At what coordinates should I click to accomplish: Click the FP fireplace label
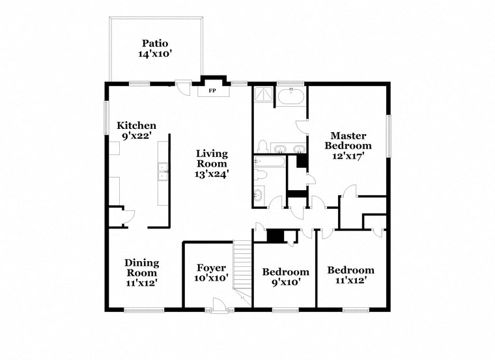click(212, 90)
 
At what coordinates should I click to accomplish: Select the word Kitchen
click(136, 126)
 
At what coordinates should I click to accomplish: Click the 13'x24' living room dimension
click(212, 174)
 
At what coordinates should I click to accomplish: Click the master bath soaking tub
click(290, 98)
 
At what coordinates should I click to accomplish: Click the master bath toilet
click(262, 146)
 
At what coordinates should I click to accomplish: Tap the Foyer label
click(212, 268)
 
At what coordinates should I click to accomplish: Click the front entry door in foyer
click(221, 303)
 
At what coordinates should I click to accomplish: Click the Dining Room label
click(141, 268)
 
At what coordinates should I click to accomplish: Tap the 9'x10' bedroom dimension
click(285, 282)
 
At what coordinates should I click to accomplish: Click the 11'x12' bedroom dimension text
click(350, 281)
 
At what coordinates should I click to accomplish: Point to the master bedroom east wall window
click(389, 136)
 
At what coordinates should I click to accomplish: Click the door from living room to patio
click(184, 85)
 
